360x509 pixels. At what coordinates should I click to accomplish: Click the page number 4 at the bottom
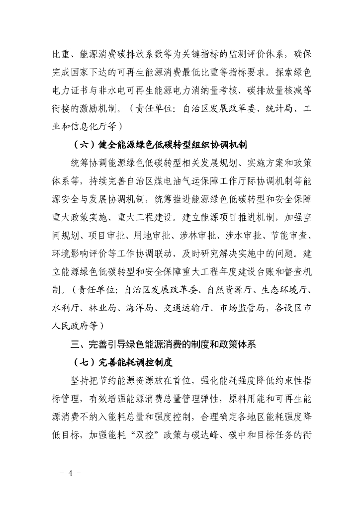(x=71, y=473)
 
